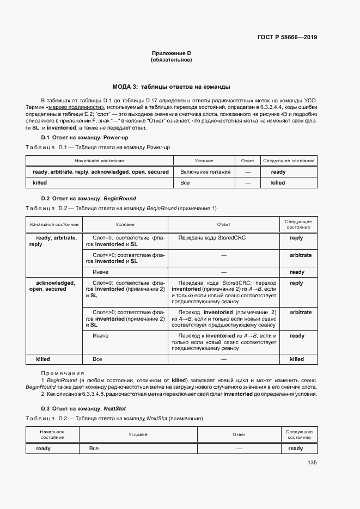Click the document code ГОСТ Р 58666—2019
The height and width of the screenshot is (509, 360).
point(287,38)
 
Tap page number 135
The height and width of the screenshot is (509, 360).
point(312,463)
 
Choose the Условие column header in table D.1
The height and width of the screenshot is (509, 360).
point(204,161)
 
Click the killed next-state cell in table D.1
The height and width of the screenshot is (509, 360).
point(278,183)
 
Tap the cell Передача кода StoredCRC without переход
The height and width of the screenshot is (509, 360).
point(204,238)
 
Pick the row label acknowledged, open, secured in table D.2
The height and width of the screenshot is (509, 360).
point(52,286)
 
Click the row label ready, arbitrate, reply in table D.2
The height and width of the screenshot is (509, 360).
point(53,241)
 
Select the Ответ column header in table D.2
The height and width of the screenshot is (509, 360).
point(223,224)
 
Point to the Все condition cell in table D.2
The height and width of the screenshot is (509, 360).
point(97,359)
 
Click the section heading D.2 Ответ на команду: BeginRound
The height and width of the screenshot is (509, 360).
point(89,199)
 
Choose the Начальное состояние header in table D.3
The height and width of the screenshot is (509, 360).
point(53,434)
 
